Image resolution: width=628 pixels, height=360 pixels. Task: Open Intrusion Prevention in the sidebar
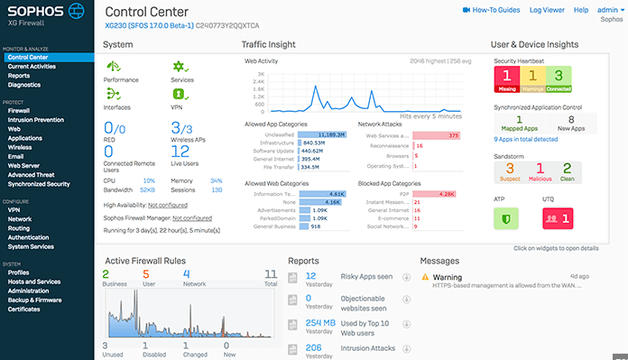[36, 119]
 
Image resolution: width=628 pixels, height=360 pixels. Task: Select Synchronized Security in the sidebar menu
[39, 183]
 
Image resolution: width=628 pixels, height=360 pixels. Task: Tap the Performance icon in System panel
[114, 68]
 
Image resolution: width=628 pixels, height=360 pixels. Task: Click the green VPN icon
[179, 93]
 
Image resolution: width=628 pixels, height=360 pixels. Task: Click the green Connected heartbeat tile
[558, 79]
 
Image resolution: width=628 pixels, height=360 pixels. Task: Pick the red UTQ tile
[558, 217]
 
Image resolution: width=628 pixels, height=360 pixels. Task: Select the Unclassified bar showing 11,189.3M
[320, 133]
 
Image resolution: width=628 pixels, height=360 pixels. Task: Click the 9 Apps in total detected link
[525, 139]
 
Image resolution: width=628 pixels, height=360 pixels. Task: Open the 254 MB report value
[320, 322]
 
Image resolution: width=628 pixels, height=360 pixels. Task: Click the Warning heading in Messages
[448, 278]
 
